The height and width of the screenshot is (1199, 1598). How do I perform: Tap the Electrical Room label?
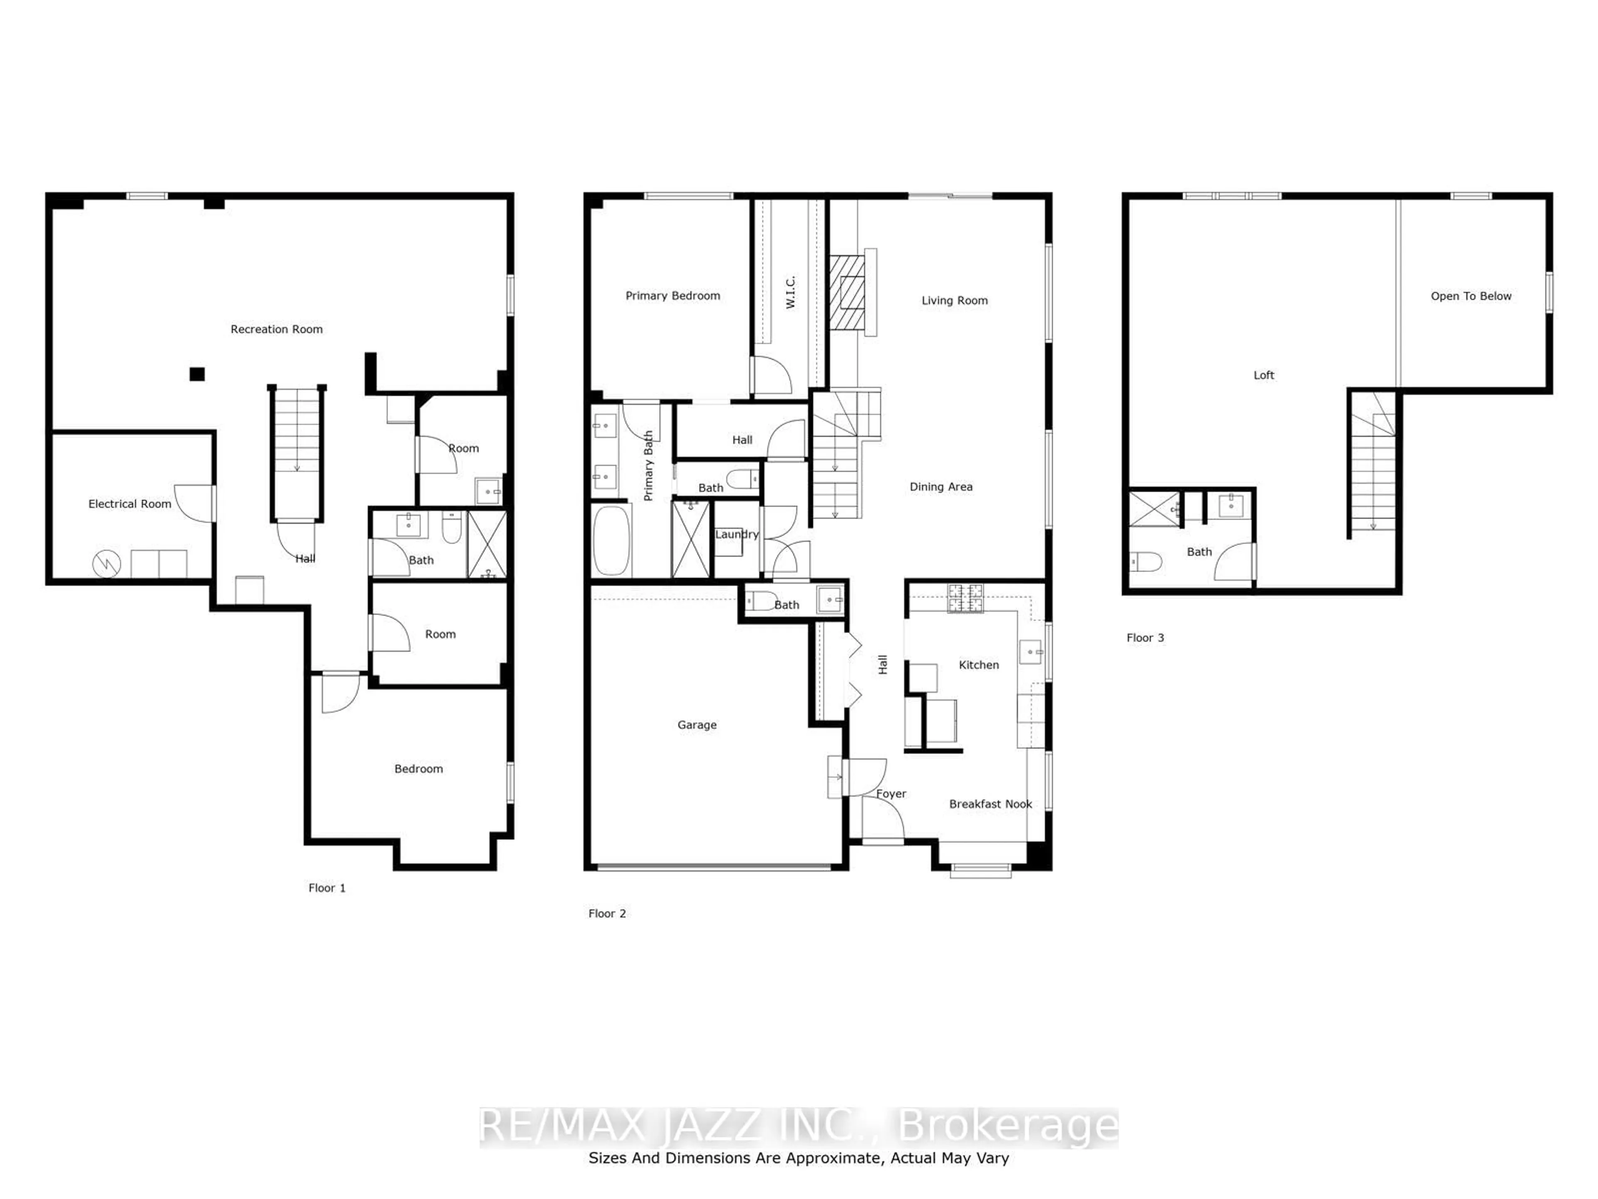pyautogui.click(x=130, y=504)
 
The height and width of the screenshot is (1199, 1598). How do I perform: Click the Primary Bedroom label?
pyautogui.click(x=672, y=296)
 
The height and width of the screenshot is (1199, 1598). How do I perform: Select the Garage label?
pyautogui.click(x=697, y=725)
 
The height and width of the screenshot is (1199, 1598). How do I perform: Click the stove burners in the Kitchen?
pyautogui.click(x=965, y=598)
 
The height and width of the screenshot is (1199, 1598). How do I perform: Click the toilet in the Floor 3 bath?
pyautogui.click(x=1146, y=562)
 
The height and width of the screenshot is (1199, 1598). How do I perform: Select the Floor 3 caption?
pyautogui.click(x=1145, y=637)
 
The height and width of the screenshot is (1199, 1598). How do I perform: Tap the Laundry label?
pyautogui.click(x=737, y=534)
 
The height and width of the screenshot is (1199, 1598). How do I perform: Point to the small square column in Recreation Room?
pyautogui.click(x=197, y=374)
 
